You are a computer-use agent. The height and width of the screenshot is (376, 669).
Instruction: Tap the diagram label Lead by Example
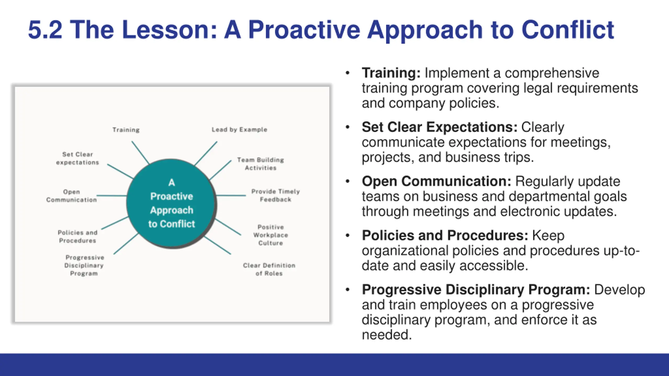239,130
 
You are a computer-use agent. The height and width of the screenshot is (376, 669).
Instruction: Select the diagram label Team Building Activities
261,164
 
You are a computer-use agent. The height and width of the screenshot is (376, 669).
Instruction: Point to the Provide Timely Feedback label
275,195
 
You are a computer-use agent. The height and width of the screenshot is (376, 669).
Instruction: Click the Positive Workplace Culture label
271,235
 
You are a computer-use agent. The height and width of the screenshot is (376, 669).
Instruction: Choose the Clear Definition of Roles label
269,269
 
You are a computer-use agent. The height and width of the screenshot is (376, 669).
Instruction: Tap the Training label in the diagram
126,130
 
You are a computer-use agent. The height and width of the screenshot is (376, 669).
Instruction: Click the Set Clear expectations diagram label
78,158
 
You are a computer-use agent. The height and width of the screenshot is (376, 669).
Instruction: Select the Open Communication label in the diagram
72,196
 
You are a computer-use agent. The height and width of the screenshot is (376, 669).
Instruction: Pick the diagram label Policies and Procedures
78,237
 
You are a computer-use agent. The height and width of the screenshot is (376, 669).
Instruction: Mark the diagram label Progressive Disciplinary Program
84,265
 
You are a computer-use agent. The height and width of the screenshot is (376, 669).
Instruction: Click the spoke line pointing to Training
140,153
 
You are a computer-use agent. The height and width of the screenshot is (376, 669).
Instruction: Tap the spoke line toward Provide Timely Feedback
231,195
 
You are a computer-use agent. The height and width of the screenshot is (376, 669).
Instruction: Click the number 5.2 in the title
45,30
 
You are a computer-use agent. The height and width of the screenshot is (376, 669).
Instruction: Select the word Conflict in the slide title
568,30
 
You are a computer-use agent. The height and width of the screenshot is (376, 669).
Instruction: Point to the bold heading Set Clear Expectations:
440,127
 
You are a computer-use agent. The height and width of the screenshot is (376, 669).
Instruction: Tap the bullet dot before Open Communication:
347,181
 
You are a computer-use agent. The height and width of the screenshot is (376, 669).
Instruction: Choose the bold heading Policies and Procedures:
445,236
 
